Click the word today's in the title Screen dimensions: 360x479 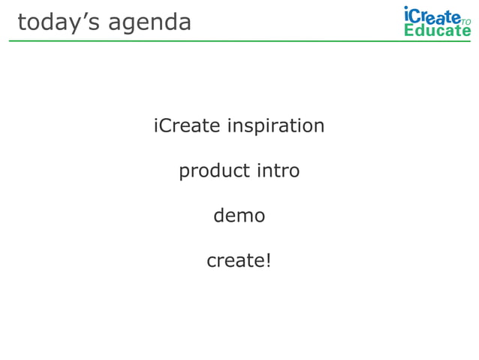click(x=59, y=23)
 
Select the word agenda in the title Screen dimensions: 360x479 click(x=149, y=23)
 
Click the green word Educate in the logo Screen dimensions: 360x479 click(x=437, y=30)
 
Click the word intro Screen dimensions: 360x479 click(x=278, y=171)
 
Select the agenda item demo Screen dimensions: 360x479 click(x=239, y=216)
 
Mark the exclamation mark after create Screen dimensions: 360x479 click(x=267, y=260)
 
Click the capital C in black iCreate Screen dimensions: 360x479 click(x=167, y=126)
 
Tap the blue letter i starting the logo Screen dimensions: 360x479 click(x=406, y=14)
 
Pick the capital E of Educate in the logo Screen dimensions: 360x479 click(x=409, y=30)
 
